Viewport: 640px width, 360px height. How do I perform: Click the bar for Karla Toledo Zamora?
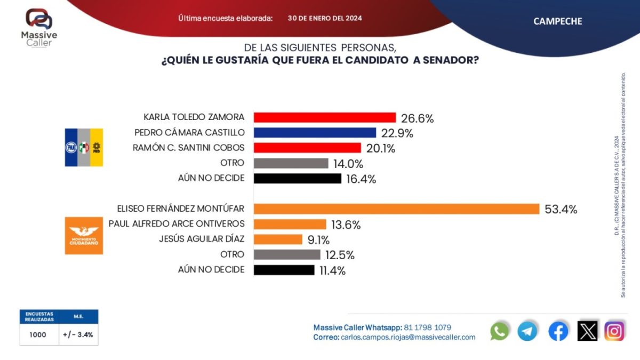[x=324, y=117]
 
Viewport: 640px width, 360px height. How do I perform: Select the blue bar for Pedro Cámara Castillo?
[x=315, y=132]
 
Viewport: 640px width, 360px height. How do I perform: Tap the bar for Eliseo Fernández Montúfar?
[x=396, y=209]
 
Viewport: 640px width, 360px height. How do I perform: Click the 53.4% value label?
[x=561, y=210]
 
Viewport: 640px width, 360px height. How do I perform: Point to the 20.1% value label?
[x=379, y=148]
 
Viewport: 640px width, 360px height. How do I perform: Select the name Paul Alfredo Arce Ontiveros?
[x=177, y=224]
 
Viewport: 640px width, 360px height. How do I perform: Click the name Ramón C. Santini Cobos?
[x=188, y=148]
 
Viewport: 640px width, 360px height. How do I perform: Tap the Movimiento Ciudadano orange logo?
[x=84, y=235]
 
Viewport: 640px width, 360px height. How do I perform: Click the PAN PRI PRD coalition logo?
[x=84, y=147]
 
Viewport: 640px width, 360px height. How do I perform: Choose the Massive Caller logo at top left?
[x=39, y=27]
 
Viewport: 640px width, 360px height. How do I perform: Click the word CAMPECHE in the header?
[x=557, y=21]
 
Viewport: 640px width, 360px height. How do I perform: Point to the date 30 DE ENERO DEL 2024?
[x=325, y=18]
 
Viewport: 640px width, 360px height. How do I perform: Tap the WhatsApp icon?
[x=500, y=331]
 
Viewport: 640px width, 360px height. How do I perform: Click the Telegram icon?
[x=527, y=331]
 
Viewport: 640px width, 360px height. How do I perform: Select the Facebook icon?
[x=558, y=331]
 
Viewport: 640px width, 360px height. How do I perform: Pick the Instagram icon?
[x=614, y=331]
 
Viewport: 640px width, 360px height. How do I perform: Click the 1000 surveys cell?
[x=38, y=335]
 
